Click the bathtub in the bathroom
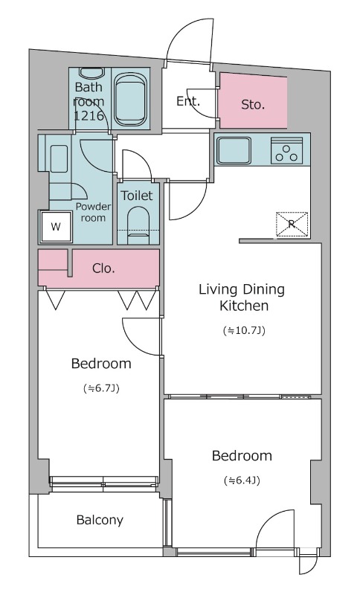point(130,99)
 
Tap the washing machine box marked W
point(56,227)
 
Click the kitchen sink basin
point(234,150)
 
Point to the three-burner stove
point(286,151)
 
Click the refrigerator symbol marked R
point(292,225)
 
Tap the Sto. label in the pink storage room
point(253,105)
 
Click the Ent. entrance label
point(188,101)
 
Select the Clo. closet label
point(103,268)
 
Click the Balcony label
point(100,520)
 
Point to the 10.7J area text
point(244,331)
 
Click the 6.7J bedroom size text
point(101,388)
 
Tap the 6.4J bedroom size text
point(242,480)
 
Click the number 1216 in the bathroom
point(89,116)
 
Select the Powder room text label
point(93,212)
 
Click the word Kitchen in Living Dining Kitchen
point(244,306)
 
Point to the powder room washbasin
point(59,158)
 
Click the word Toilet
point(137,196)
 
